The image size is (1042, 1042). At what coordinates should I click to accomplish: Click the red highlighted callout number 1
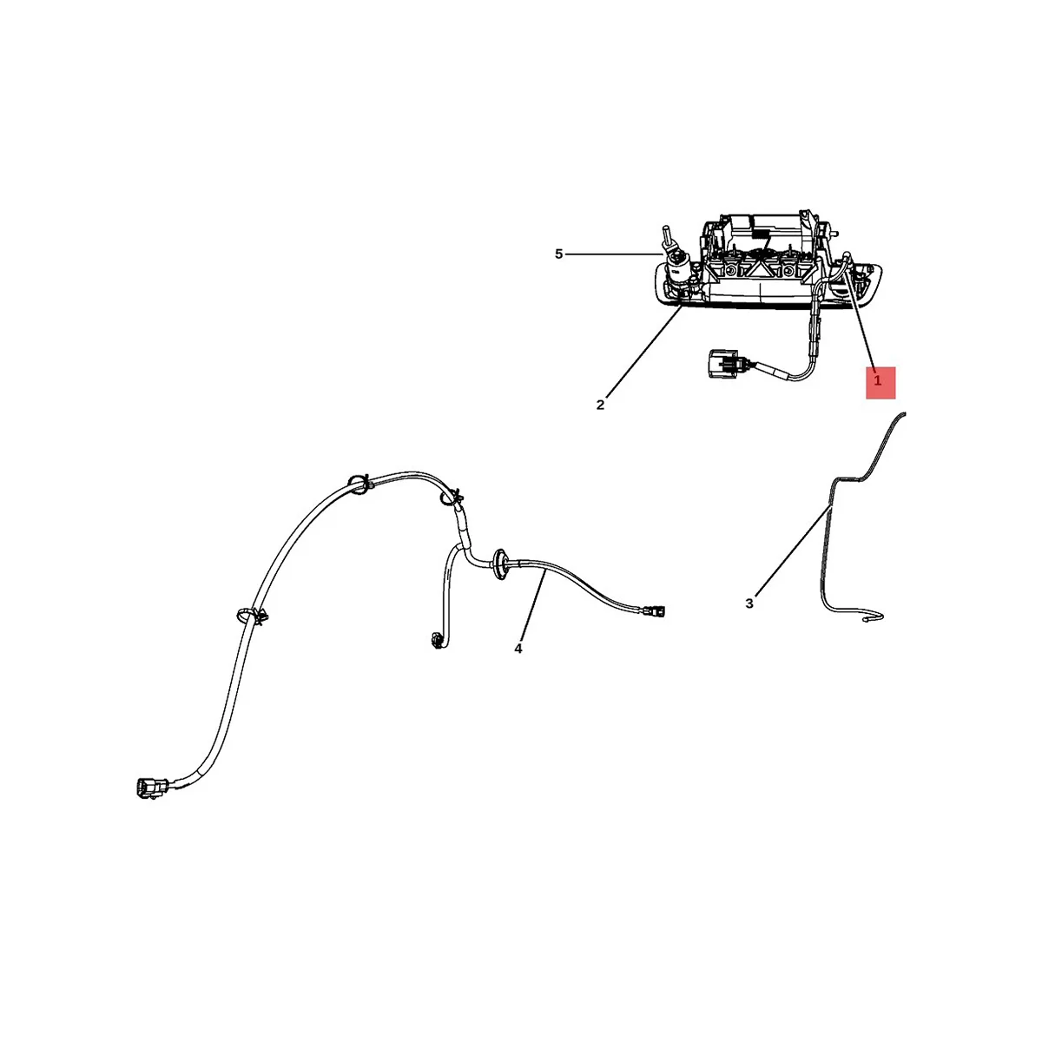(879, 381)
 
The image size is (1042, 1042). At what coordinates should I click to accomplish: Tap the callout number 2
(600, 405)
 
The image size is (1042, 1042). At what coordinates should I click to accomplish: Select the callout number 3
(749, 603)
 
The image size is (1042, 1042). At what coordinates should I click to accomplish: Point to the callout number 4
(518, 648)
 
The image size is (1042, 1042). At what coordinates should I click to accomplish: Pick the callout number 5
(559, 254)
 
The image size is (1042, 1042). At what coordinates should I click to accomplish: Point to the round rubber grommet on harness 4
(501, 562)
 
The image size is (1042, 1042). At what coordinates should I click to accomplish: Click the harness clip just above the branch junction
(451, 498)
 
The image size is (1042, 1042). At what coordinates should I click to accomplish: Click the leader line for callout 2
(643, 355)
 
